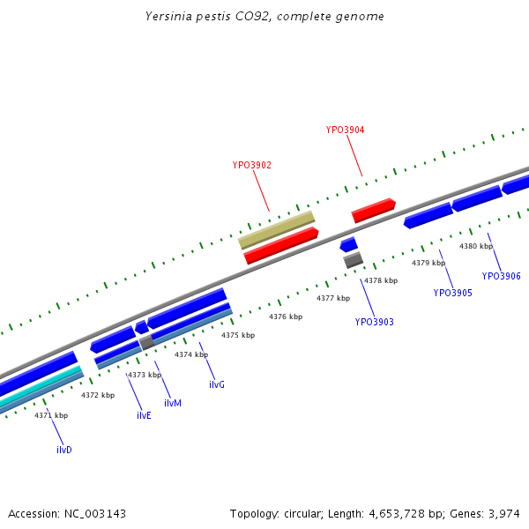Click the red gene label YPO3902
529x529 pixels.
(251, 165)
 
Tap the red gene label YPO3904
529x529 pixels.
(345, 130)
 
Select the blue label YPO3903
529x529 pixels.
(374, 322)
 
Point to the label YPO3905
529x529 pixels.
(452, 293)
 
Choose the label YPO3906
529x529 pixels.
(501, 276)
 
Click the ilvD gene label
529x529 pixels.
(63, 450)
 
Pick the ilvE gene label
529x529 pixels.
(144, 415)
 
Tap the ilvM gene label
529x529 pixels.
(173, 403)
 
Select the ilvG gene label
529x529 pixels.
(217, 385)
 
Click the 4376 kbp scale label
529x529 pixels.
(286, 317)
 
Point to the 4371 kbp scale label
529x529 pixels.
(51, 414)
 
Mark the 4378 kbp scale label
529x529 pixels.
(381, 280)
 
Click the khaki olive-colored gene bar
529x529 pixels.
(277, 228)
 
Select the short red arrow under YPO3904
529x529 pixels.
(373, 210)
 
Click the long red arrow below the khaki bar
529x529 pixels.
(281, 246)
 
